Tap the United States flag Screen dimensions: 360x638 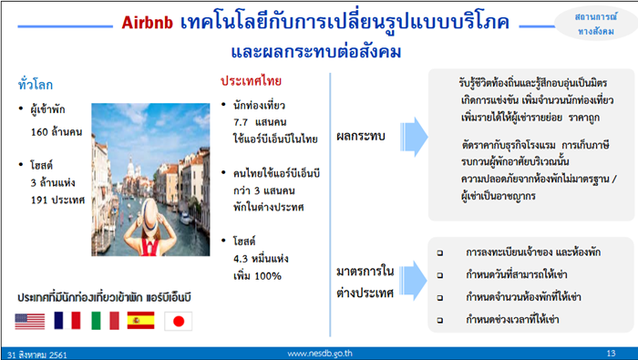tap(30, 320)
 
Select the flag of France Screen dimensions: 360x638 tap(67, 320)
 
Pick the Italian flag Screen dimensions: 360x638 tap(105, 320)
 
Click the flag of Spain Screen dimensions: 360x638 tap(141, 320)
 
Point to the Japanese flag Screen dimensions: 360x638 tap(179, 320)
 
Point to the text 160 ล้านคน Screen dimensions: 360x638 tap(57, 131)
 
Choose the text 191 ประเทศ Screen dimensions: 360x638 tap(59, 200)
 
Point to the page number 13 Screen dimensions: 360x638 tap(611, 352)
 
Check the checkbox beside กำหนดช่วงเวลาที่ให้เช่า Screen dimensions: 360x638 tap(440, 320)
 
